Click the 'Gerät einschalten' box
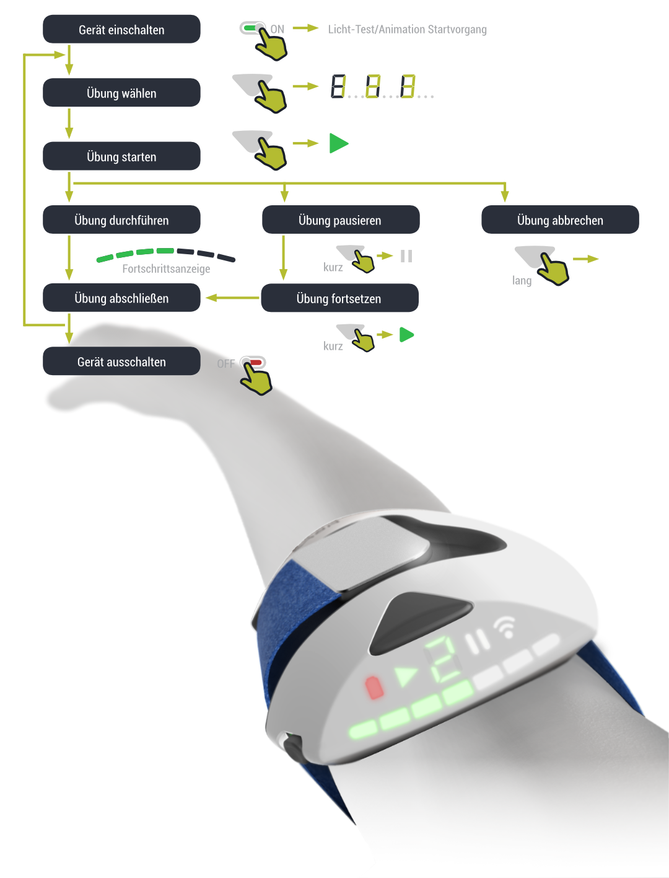click(x=121, y=29)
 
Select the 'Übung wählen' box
click(x=121, y=93)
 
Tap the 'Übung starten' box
click(x=121, y=156)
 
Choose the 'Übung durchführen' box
click(x=121, y=220)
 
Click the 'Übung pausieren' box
click(x=340, y=220)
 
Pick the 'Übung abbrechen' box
click(x=560, y=220)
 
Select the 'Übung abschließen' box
click(x=121, y=298)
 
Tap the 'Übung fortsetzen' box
click(x=339, y=298)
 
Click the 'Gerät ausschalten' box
click(x=121, y=361)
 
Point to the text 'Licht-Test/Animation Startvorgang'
click(x=407, y=29)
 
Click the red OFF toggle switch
click(x=253, y=362)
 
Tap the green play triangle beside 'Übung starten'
click(x=338, y=143)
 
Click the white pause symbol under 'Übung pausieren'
click(x=406, y=256)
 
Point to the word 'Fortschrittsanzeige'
click(x=166, y=268)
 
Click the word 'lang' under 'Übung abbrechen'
click(x=522, y=280)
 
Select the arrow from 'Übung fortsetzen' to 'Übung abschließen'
click(x=232, y=298)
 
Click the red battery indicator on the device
click(x=374, y=687)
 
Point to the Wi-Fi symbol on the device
click(x=505, y=627)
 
